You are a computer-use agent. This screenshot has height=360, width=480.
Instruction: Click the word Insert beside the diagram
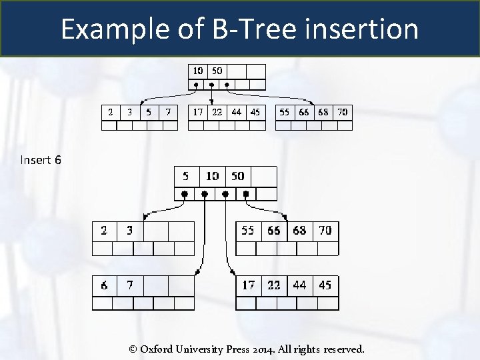[35, 160]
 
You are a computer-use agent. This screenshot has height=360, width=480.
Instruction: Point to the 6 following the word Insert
[58, 160]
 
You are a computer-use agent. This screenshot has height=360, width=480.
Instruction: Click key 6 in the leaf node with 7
[105, 285]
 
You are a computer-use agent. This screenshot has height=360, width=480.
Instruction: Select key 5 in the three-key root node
[185, 176]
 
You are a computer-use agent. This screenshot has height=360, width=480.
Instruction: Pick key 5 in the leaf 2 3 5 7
[149, 112]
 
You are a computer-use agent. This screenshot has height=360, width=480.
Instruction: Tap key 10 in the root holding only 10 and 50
[198, 70]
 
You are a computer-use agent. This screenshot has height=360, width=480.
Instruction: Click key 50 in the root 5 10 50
[237, 176]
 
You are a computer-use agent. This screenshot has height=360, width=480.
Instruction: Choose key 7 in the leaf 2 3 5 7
[169, 112]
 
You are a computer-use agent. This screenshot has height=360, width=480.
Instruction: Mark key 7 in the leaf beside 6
[130, 285]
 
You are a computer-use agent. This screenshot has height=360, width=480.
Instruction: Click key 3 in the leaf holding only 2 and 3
[130, 231]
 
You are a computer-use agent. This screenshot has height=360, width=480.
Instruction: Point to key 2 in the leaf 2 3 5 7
[111, 112]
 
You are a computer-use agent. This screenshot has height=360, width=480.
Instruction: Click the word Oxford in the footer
[159, 349]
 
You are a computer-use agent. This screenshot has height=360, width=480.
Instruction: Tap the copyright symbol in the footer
[133, 349]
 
